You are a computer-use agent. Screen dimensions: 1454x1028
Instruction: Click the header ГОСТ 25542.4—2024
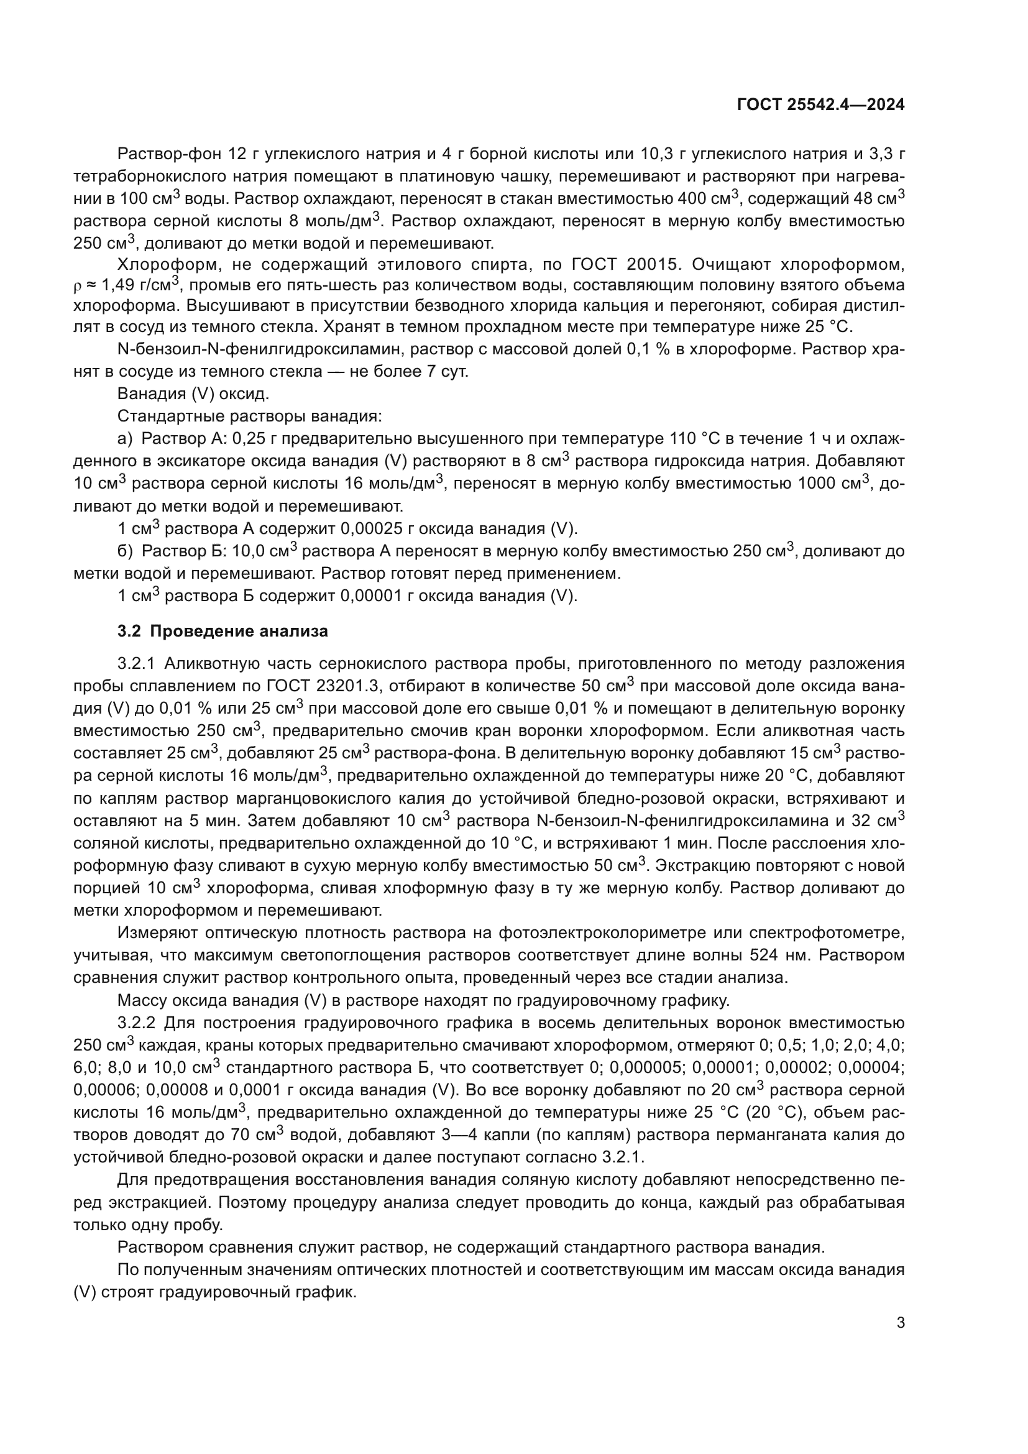point(820,105)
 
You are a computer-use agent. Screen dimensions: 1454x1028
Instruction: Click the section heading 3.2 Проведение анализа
point(223,631)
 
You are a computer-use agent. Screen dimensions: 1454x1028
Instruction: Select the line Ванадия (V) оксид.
point(193,394)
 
